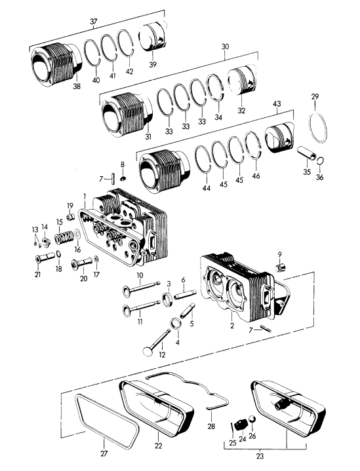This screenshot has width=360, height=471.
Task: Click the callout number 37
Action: point(94,22)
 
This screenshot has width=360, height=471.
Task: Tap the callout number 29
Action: point(315,97)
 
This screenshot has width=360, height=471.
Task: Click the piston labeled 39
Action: point(153,37)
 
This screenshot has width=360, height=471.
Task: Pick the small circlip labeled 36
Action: point(321,160)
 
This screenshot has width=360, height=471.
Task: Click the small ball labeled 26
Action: point(252,419)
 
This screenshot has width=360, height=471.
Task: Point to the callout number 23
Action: point(260,457)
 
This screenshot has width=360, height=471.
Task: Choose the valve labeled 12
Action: point(157,341)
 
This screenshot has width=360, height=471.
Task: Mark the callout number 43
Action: point(277,104)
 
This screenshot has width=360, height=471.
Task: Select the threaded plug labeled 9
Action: point(280,267)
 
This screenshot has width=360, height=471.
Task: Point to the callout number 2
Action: point(232,326)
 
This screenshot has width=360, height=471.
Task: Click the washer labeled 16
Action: point(77,234)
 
